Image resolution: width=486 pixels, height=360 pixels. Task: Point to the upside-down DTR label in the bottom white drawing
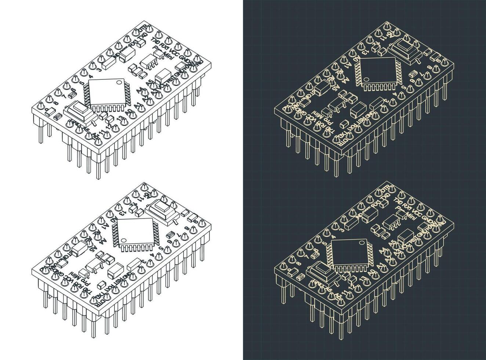(99, 302)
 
